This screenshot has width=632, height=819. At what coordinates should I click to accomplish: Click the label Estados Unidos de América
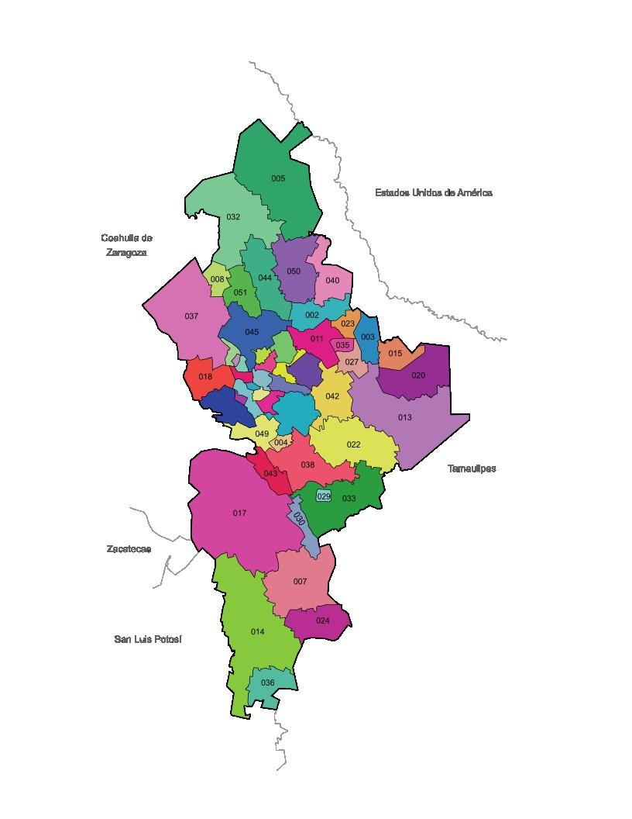pyautogui.click(x=433, y=192)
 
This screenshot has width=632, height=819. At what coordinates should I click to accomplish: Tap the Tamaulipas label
pyautogui.click(x=472, y=468)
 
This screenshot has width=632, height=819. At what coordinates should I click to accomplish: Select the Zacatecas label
pyautogui.click(x=129, y=549)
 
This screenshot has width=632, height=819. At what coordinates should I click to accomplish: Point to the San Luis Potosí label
pyautogui.click(x=147, y=639)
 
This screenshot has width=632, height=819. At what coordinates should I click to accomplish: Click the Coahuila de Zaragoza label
pyautogui.click(x=126, y=245)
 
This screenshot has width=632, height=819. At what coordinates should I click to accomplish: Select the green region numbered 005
pyautogui.click(x=278, y=178)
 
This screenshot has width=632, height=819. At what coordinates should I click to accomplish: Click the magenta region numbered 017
pyautogui.click(x=239, y=513)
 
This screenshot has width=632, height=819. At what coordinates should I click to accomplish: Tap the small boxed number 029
pyautogui.click(x=324, y=496)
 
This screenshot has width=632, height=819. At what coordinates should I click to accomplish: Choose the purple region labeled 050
pyautogui.click(x=294, y=271)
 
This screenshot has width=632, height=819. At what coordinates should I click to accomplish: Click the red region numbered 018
pyautogui.click(x=205, y=377)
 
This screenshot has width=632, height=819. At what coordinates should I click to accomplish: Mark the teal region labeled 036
pyautogui.click(x=268, y=682)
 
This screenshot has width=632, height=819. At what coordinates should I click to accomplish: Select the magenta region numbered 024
pyautogui.click(x=322, y=620)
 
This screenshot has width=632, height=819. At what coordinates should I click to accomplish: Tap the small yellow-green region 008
pyautogui.click(x=218, y=279)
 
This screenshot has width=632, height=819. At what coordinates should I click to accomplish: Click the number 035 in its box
pyautogui.click(x=342, y=345)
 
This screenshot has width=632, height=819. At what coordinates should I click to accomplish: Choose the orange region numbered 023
pyautogui.click(x=348, y=323)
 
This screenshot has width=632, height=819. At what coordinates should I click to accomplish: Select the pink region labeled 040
pyautogui.click(x=332, y=281)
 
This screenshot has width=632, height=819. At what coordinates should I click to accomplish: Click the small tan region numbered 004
pyautogui.click(x=280, y=442)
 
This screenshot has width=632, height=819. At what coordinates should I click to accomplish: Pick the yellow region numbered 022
pyautogui.click(x=353, y=444)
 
